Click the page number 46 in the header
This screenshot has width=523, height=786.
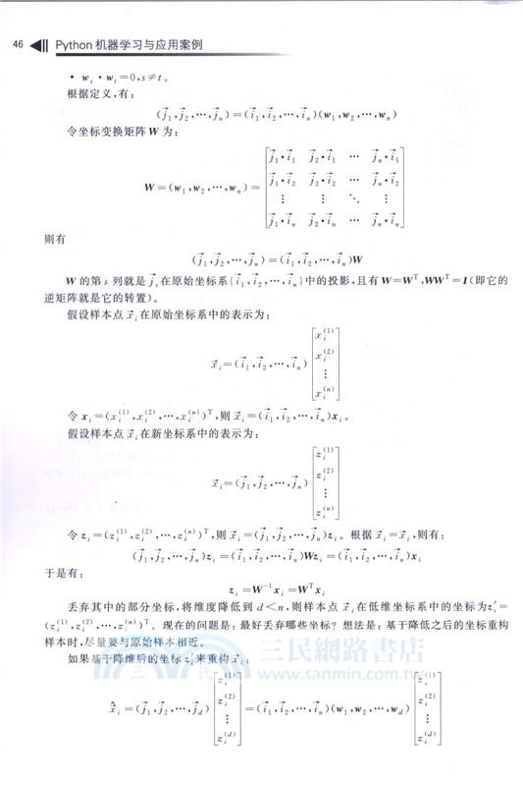[17, 44]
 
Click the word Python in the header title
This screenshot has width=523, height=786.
[75, 44]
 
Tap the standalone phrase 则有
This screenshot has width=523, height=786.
[55, 239]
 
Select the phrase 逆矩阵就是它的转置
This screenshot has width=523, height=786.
[97, 299]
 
